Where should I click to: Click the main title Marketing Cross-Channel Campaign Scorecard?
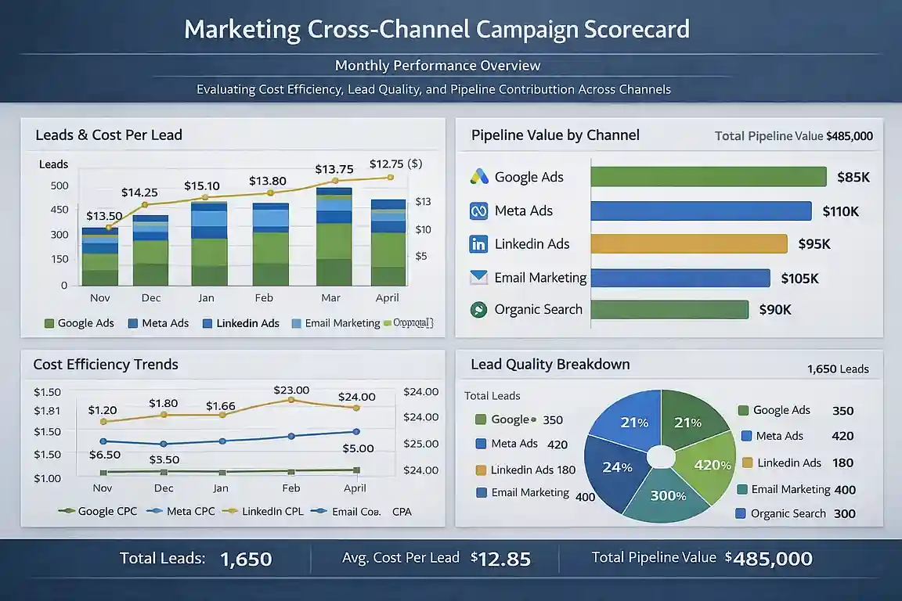click(437, 30)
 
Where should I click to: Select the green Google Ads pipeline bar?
click(708, 177)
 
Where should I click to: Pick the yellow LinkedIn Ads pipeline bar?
click(688, 244)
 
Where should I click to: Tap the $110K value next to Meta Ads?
click(840, 211)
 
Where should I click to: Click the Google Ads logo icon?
click(479, 177)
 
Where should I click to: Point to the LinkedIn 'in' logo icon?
click(478, 244)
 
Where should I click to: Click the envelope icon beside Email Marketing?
click(478, 277)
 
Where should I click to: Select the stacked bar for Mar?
click(334, 237)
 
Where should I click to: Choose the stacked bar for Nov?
click(99, 257)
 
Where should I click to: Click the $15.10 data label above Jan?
click(203, 186)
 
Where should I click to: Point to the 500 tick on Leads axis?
click(60, 185)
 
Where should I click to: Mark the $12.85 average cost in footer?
click(501, 559)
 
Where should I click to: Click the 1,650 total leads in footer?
click(246, 559)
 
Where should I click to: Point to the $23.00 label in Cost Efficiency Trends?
click(291, 390)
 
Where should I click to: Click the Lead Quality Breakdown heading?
click(550, 365)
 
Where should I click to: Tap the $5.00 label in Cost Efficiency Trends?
click(358, 448)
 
